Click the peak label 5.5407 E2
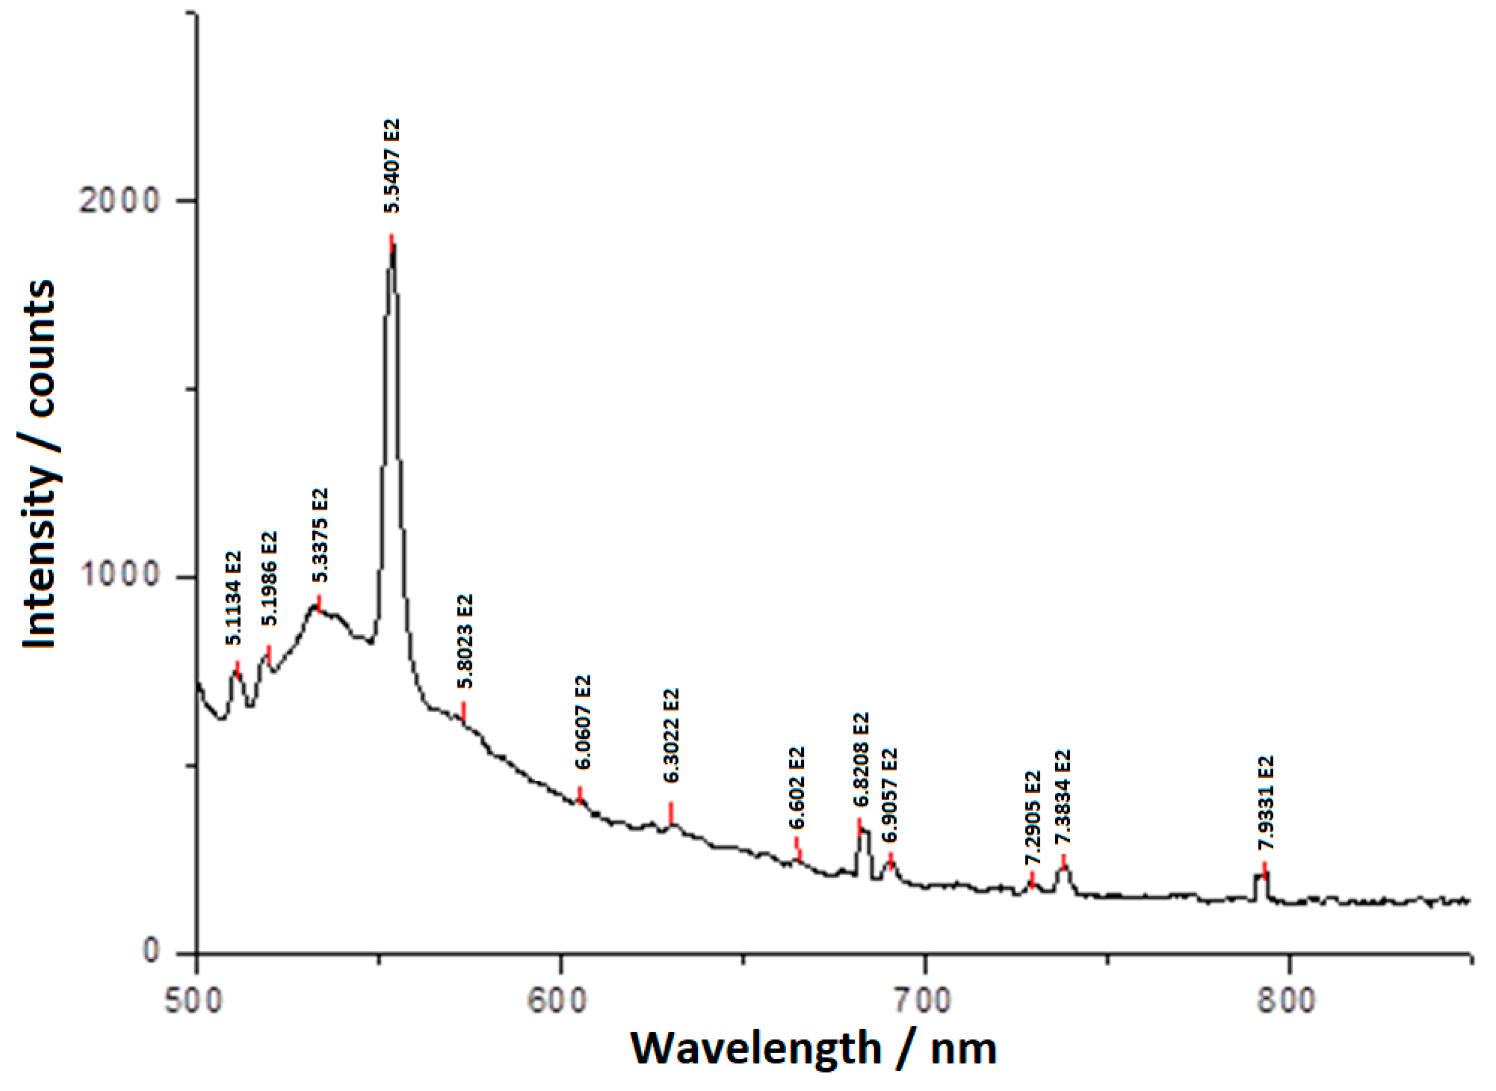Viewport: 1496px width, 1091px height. pos(392,166)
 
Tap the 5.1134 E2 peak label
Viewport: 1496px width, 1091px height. pos(234,598)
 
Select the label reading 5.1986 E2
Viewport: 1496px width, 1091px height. pos(270,579)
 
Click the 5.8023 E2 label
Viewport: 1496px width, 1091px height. pos(465,641)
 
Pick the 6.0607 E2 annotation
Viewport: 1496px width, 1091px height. pos(583,722)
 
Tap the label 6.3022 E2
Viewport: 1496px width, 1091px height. pos(671,735)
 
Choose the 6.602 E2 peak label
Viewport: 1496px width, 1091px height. pos(797,788)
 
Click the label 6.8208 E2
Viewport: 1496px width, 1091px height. pos(861,760)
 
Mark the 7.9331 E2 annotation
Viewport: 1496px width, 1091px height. pos(1265,803)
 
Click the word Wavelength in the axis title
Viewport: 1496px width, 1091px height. pos(756,1049)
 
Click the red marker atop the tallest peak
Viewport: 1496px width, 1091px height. pos(392,242)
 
